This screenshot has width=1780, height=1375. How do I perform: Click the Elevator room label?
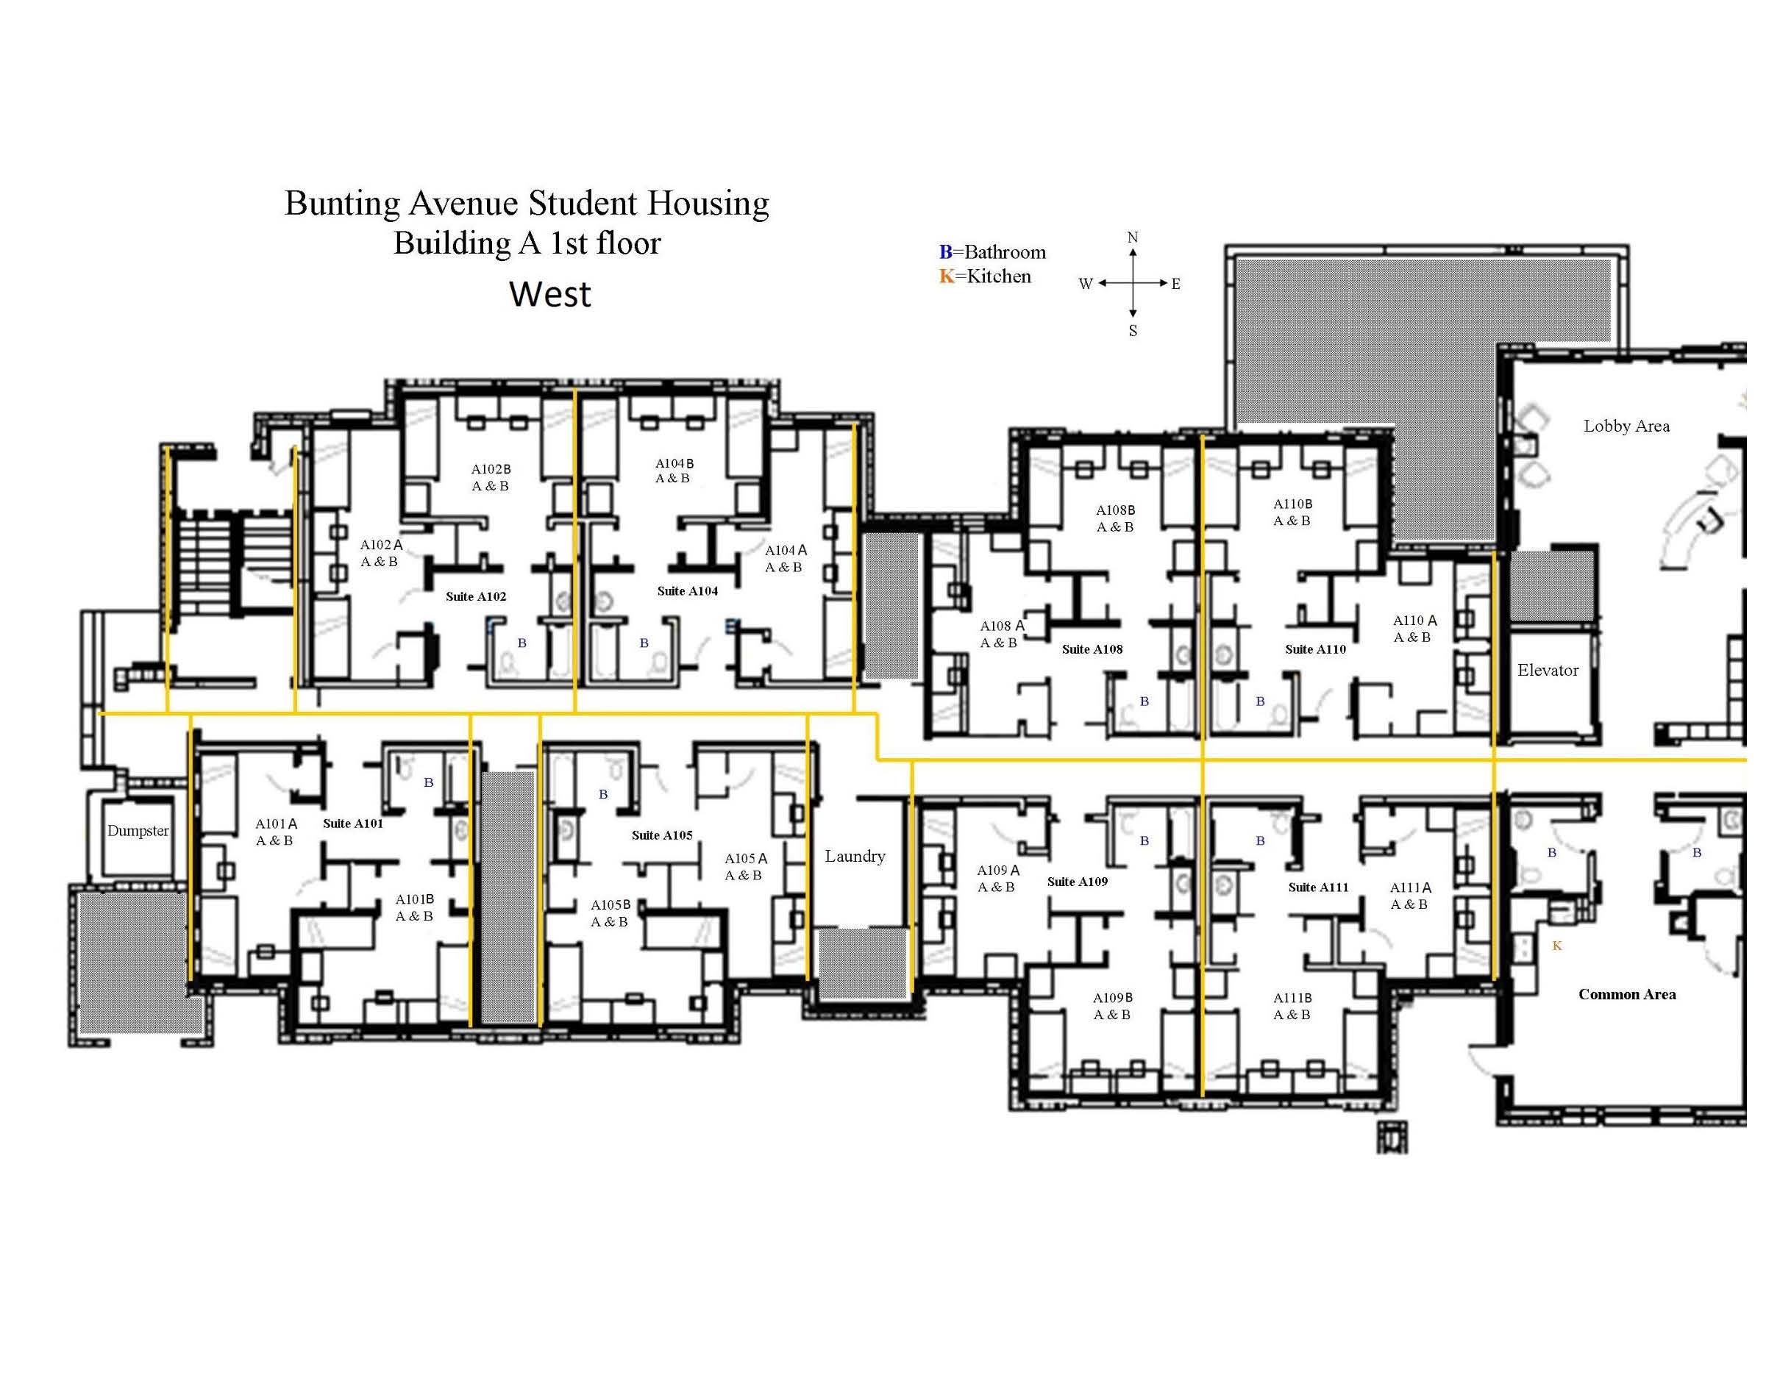point(1547,671)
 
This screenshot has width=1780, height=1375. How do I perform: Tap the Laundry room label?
point(854,856)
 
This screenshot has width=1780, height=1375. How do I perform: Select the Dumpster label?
point(138,831)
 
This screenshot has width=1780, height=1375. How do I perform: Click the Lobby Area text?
point(1626,426)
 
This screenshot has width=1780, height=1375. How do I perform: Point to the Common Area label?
point(1627,994)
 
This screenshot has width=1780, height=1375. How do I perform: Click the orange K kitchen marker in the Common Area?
point(1556,946)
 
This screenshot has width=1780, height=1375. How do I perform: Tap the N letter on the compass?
point(1132,237)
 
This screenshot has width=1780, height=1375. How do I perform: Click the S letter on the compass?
point(1132,331)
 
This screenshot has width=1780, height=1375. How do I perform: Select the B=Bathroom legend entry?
point(992,251)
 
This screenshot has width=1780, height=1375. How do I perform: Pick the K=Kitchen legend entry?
point(985,276)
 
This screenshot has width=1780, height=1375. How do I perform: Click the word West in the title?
point(550,294)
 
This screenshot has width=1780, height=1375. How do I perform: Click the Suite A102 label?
point(475,596)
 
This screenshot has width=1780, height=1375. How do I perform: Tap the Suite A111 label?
point(1318,887)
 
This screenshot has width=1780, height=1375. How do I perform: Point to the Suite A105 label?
point(662,835)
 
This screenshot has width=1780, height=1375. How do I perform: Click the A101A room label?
point(276,824)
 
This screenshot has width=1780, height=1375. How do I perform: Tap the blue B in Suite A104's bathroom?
point(644,643)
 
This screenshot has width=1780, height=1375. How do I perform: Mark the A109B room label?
point(1111,998)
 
